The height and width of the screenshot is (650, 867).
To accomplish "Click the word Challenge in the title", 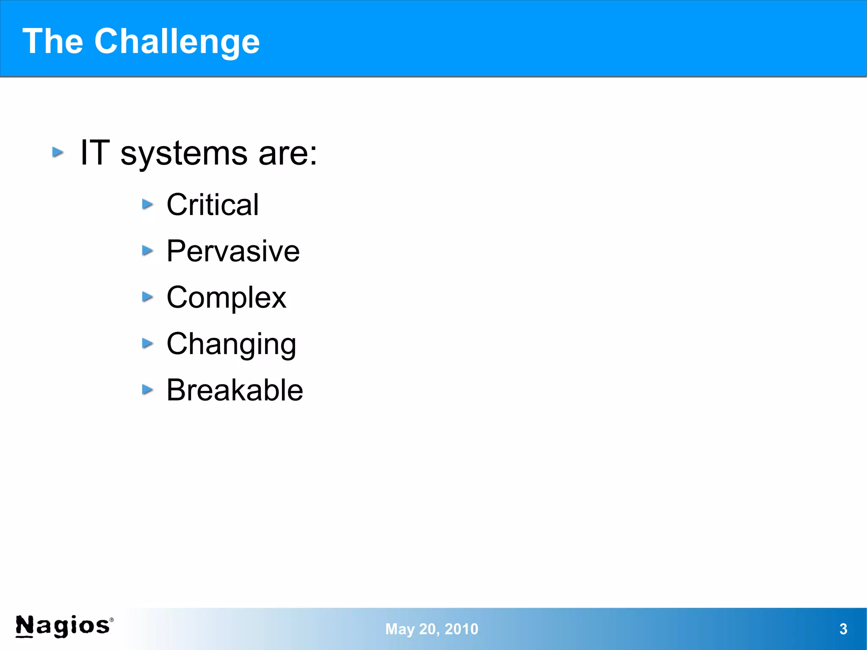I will coord(177,41).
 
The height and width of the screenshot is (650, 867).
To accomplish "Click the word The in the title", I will coord(52,41).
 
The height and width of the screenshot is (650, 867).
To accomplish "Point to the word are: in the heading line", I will coord(287,153).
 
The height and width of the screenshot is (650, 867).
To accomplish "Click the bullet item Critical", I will coord(212,205).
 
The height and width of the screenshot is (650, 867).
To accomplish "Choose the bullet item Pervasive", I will coord(233,251).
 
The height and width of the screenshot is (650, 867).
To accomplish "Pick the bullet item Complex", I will coord(226,298).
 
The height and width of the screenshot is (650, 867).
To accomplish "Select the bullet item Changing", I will coord(231,344).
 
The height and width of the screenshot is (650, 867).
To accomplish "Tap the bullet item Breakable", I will coord(235,390).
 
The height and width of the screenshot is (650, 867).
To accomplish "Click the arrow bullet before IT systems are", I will coord(58,152).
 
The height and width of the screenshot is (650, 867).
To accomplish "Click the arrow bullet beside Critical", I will coord(147,205).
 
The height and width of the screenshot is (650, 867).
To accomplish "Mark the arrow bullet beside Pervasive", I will coord(147,251).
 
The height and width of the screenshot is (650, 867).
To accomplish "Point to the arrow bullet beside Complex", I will coord(147,297).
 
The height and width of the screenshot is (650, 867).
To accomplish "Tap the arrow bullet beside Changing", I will coord(147,343).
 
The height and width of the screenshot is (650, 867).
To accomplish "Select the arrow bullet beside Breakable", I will coord(147,390).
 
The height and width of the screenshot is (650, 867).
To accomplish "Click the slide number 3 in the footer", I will coord(843,629).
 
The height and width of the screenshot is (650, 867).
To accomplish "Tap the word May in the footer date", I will coord(400,629).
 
